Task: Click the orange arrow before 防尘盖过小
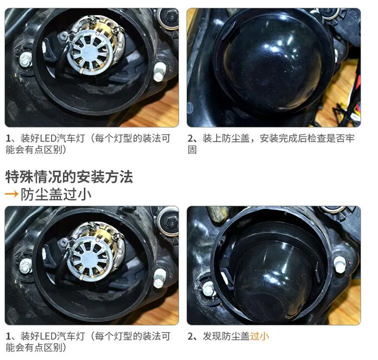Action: point(12,194)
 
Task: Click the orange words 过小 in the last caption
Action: point(259,336)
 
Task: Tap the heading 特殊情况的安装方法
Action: point(69,176)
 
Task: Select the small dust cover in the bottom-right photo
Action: point(275,274)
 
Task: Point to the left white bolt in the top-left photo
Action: point(25,59)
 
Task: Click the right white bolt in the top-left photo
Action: point(159,72)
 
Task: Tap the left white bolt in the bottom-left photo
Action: point(25,266)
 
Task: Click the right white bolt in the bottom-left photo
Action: point(159,277)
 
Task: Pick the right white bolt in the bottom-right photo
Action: point(340,264)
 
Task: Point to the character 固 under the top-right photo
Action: point(192,149)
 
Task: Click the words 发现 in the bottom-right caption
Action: point(212,336)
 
